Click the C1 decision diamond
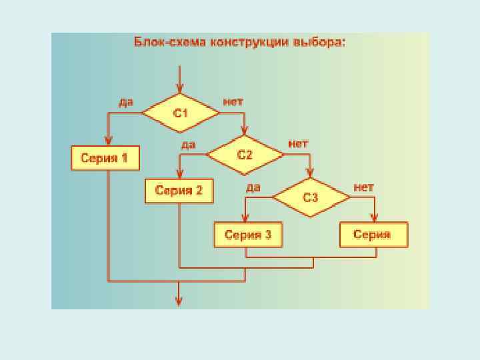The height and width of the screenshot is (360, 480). pos(180,113)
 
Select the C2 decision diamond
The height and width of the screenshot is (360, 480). pos(245,155)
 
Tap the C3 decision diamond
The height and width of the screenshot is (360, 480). pos(311,197)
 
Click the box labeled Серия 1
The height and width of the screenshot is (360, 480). pos(105,158)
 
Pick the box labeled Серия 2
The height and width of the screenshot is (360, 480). pos(179,191)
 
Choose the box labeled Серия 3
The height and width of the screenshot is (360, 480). pos(247,234)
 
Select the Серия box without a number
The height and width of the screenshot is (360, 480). pos(373,234)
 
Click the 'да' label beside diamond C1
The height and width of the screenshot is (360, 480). pos(125,102)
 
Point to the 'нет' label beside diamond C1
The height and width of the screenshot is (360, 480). pos(233,102)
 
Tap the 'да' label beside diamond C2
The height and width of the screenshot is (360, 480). pos(188,144)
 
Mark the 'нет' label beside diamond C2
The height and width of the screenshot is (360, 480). pos(298,144)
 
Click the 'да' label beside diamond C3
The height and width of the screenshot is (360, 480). pos(253,187)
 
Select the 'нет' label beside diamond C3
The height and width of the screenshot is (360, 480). pos(363,187)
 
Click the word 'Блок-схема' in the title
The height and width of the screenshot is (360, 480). pos(171,41)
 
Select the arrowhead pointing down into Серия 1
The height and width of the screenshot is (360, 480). pos(108,141)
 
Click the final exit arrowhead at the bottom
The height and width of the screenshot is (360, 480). pos(179,301)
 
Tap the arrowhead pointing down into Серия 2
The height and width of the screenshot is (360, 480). pos(179,175)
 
